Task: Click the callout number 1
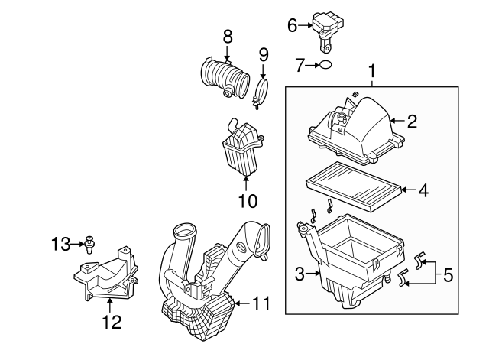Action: click(x=372, y=72)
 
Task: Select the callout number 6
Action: click(x=292, y=25)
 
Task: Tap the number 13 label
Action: click(x=61, y=244)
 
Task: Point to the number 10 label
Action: click(x=248, y=200)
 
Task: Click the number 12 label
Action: click(x=112, y=322)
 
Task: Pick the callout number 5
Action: click(x=449, y=275)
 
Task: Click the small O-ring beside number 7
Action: click(x=325, y=65)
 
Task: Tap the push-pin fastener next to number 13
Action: click(x=90, y=245)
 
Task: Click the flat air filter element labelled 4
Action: click(x=355, y=186)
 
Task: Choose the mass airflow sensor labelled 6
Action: click(x=328, y=31)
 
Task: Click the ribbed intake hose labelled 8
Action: click(x=225, y=76)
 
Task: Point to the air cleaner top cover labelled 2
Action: click(x=355, y=131)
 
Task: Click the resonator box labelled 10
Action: click(x=243, y=148)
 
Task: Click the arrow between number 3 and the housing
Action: click(x=313, y=274)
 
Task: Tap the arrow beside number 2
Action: click(x=397, y=121)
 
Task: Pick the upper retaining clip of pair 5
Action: click(x=420, y=260)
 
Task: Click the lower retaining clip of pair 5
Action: click(x=404, y=277)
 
